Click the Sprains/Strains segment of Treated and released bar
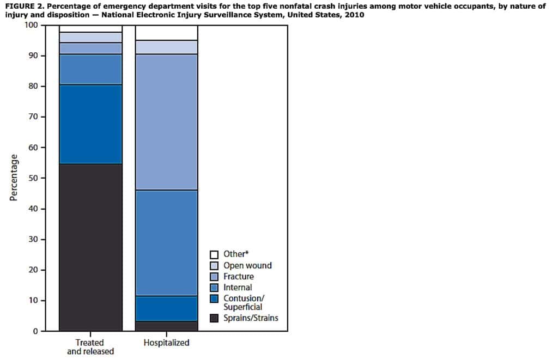tap(90, 247)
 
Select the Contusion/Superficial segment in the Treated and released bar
tap(90, 124)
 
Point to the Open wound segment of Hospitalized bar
tap(166, 47)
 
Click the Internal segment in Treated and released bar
tap(90, 69)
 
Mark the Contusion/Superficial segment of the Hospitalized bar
tap(166, 309)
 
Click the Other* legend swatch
tap(214, 254)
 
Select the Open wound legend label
tap(247, 265)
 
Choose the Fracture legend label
tap(238, 276)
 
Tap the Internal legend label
tap(238, 287)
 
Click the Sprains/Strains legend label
tap(251, 318)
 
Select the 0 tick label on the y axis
tap(36, 331)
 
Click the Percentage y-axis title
tap(14, 178)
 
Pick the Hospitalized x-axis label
tap(166, 343)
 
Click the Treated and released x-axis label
tap(90, 347)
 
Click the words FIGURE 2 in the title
tap(25, 6)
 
